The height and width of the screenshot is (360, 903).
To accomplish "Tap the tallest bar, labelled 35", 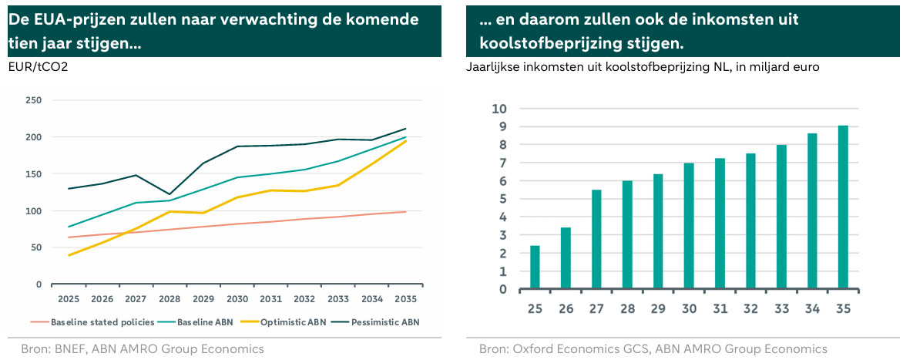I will (843, 207).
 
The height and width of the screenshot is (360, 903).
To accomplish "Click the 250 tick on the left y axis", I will (34, 100).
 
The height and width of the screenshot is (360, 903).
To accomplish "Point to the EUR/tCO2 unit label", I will (38, 67).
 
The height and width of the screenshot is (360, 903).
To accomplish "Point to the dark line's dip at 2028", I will (170, 194).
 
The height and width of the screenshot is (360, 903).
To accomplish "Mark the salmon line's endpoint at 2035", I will (406, 211).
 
